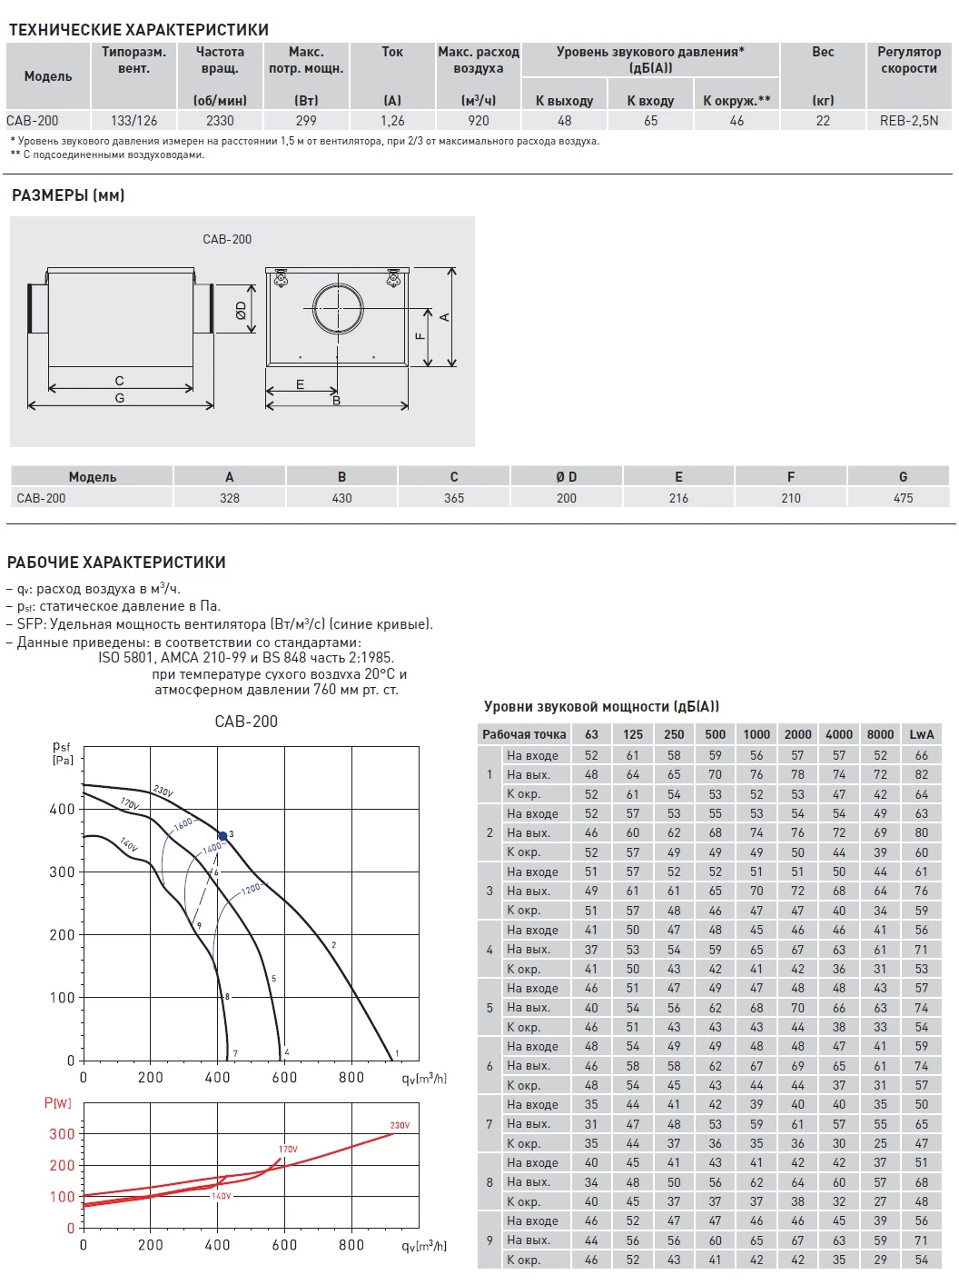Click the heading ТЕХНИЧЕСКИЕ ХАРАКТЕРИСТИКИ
point(139,30)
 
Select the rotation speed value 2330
point(220,120)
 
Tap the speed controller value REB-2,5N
point(908,120)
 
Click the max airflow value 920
point(478,120)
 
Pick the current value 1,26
point(392,120)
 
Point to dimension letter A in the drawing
point(444,317)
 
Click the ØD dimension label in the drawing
point(241,310)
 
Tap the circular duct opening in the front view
point(338,309)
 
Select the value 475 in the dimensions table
point(903,498)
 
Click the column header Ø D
point(566,476)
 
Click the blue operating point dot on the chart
point(222,836)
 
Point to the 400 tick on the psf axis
point(63,809)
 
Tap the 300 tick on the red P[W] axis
point(62,1134)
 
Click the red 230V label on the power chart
point(400,1125)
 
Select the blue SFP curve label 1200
point(251,889)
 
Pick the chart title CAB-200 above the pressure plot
point(246,722)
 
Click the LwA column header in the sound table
point(921,734)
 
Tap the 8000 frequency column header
point(880,734)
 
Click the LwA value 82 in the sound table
point(921,774)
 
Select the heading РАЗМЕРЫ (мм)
point(68,195)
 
